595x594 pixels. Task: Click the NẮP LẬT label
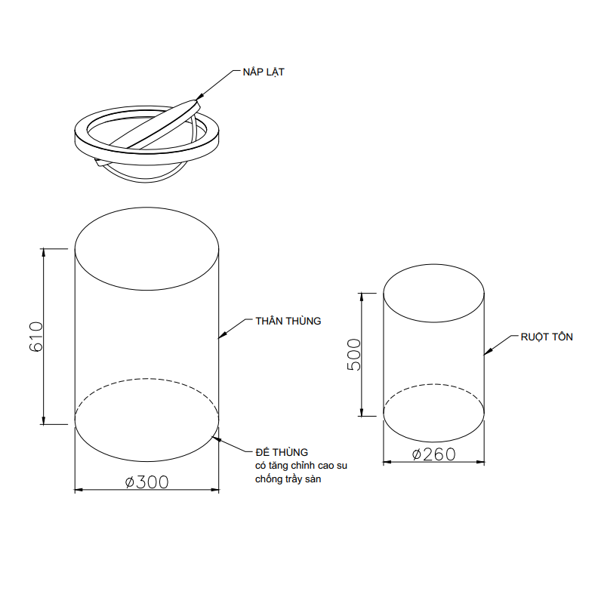(264, 72)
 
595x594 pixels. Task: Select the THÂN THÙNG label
(288, 321)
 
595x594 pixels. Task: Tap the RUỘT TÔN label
(547, 337)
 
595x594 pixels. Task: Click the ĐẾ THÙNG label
(282, 452)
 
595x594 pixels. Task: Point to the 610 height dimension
(36, 337)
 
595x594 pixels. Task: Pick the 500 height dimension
(354, 354)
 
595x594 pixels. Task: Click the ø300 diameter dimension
(146, 482)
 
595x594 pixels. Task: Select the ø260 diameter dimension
(433, 454)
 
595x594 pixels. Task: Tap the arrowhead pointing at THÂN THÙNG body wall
(222, 335)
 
